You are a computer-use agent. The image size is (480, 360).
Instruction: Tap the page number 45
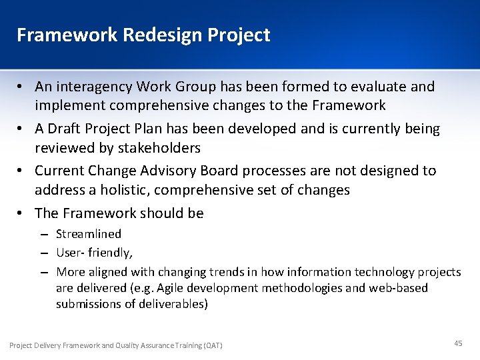click(x=458, y=343)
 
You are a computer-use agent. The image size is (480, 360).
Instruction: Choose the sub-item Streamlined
click(x=89, y=234)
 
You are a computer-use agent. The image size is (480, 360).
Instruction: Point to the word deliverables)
click(x=175, y=304)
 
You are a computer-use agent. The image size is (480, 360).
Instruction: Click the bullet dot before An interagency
click(x=22, y=87)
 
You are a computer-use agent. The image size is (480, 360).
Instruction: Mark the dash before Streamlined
click(x=43, y=235)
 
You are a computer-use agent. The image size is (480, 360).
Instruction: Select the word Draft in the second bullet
click(x=67, y=129)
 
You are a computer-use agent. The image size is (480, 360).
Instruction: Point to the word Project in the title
click(x=240, y=35)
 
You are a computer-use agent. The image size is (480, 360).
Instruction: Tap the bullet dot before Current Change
click(x=22, y=171)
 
